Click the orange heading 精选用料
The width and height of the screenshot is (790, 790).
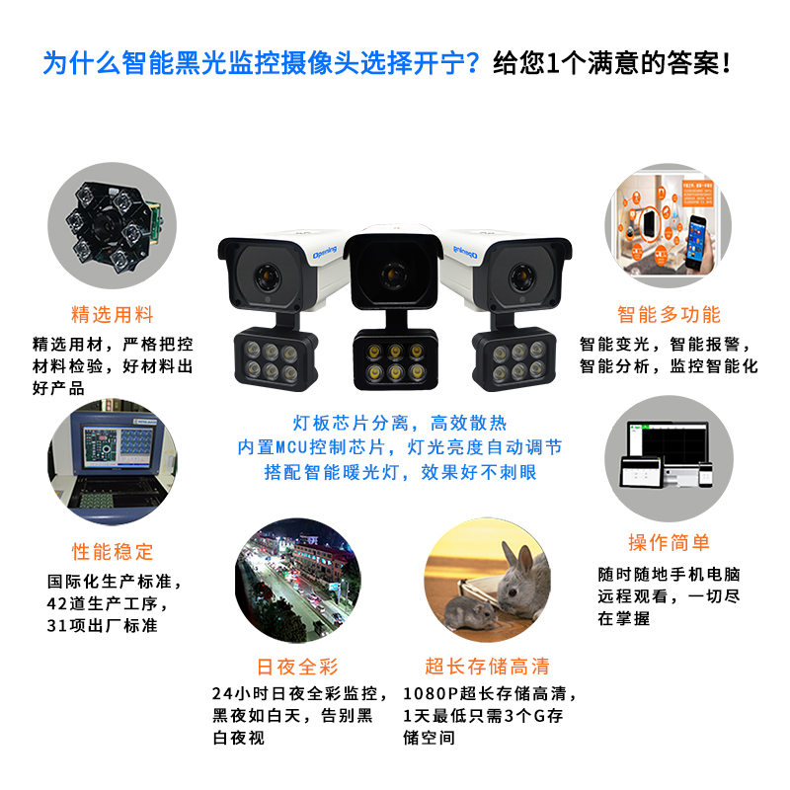pyautogui.click(x=113, y=314)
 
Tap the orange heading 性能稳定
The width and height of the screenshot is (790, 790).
pyautogui.click(x=113, y=551)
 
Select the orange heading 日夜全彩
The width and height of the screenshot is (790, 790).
pyautogui.click(x=298, y=667)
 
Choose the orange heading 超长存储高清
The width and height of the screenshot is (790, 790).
pyautogui.click(x=487, y=666)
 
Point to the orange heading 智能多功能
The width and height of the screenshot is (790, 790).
pyautogui.click(x=670, y=314)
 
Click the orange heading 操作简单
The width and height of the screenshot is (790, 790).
pyautogui.click(x=670, y=542)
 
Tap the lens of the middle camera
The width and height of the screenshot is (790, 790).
pyautogui.click(x=394, y=276)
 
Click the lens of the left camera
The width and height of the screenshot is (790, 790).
pyautogui.click(x=268, y=276)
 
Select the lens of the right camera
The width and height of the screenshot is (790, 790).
pyautogui.click(x=521, y=277)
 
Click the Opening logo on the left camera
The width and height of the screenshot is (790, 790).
pyautogui.click(x=324, y=252)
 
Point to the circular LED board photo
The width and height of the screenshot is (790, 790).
pyautogui.click(x=113, y=226)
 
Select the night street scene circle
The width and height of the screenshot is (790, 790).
pyautogui.click(x=298, y=581)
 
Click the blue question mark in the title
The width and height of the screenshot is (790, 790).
pyautogui.click(x=472, y=63)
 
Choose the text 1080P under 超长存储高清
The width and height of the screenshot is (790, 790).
pyautogui.click(x=431, y=694)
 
